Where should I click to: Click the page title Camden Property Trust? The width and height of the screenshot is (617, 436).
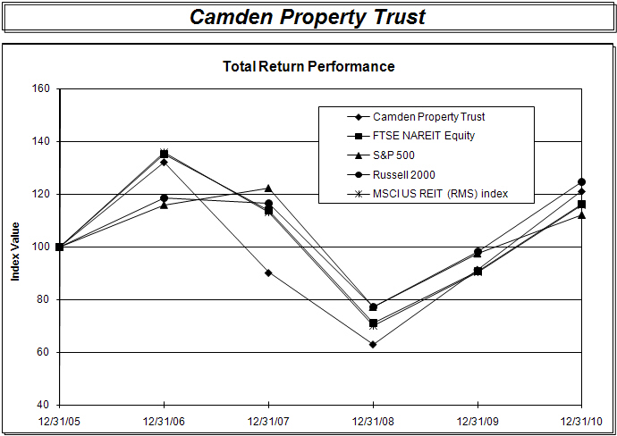[x=308, y=17]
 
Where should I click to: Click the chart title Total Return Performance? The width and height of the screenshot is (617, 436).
[x=308, y=66]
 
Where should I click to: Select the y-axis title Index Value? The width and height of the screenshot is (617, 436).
[x=15, y=247]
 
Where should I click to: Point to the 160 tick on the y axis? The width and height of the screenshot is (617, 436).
[x=40, y=88]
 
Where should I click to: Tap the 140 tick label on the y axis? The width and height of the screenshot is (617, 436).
[x=40, y=141]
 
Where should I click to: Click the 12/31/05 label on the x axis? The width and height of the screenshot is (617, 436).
[x=59, y=420]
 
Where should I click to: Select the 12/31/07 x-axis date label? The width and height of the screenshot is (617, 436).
[x=268, y=420]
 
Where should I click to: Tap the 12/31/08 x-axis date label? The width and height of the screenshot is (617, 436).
[x=373, y=420]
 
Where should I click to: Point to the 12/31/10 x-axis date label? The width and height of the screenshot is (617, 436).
[x=582, y=420]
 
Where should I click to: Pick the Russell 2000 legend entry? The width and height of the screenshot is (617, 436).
[x=410, y=175]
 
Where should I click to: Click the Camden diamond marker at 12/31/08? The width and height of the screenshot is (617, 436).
[x=373, y=344]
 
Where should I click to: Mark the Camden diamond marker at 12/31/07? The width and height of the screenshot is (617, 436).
[x=268, y=272]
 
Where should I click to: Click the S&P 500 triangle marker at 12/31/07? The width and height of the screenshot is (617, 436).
[x=268, y=189]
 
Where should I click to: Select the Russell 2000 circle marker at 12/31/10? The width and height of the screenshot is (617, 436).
[x=582, y=181]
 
